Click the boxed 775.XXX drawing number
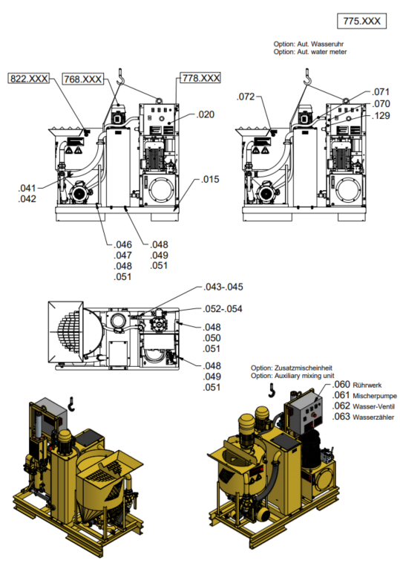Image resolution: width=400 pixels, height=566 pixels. click(x=361, y=21)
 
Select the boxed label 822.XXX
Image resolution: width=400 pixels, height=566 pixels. click(x=29, y=78)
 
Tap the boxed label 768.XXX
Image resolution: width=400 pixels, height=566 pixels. click(x=83, y=79)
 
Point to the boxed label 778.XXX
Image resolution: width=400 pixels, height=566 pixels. click(x=200, y=78)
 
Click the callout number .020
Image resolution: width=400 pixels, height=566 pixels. click(x=206, y=114)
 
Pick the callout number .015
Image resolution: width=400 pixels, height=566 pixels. click(x=210, y=180)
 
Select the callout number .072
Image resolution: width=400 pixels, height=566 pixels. click(x=246, y=97)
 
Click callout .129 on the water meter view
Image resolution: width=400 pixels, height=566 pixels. click(x=381, y=116)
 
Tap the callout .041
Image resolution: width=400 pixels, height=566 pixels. click(x=27, y=188)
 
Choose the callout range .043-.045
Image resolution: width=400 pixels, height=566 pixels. click(x=223, y=287)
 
